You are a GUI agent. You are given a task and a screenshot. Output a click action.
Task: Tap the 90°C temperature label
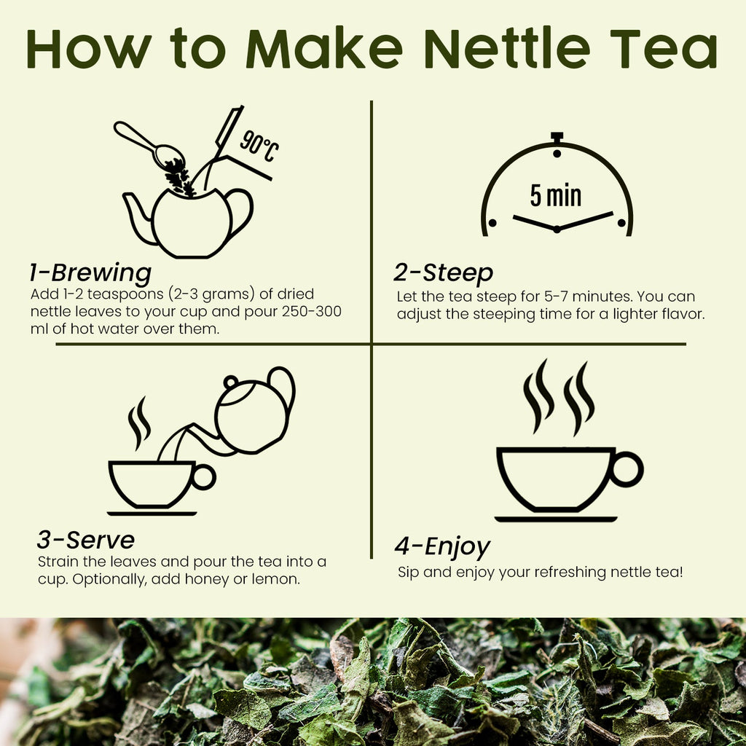(x=259, y=146)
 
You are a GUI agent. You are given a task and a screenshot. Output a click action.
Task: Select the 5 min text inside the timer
(x=556, y=195)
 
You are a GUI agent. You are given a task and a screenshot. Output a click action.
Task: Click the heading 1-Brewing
(x=90, y=273)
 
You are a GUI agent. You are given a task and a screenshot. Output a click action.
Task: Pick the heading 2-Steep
(x=443, y=273)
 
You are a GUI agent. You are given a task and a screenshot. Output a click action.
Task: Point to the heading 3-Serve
(x=85, y=540)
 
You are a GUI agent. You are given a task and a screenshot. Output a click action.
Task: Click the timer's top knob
(x=557, y=138)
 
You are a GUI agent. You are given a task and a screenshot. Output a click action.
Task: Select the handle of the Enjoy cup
(x=626, y=469)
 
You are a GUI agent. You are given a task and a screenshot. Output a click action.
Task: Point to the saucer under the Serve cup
(x=152, y=513)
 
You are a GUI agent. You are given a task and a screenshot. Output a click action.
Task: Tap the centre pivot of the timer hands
(x=557, y=229)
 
